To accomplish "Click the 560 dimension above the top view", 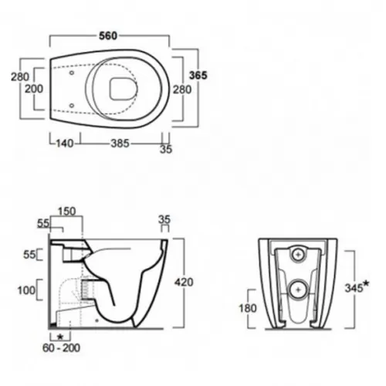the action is point(108,36).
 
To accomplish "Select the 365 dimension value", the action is point(198,76).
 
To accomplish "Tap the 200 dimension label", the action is point(34,89).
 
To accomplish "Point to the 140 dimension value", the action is point(65,144).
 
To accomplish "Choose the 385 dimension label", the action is point(120,144).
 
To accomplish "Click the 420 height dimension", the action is point(184,283).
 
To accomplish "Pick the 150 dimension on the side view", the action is point(66,212).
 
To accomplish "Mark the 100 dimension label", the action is point(26,290).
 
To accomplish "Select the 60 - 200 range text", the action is point(61,348).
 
